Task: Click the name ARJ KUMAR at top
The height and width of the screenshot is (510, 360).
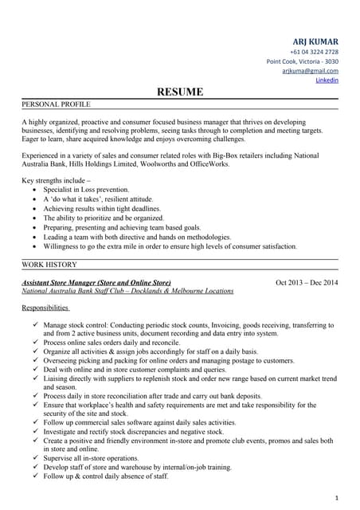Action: tap(315, 41)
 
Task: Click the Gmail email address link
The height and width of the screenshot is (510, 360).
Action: tap(310, 71)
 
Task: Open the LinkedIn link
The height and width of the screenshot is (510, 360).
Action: tap(327, 80)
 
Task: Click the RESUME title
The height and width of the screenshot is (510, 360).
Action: tap(180, 92)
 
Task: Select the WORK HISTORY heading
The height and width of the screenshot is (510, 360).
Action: tap(49, 264)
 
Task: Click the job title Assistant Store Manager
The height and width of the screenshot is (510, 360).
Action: tap(96, 283)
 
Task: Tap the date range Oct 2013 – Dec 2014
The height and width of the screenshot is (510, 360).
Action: tap(307, 283)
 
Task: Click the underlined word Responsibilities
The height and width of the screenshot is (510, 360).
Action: tap(45, 307)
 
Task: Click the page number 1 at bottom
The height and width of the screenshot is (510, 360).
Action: tap(337, 496)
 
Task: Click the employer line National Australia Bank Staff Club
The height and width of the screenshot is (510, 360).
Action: tap(127, 292)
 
